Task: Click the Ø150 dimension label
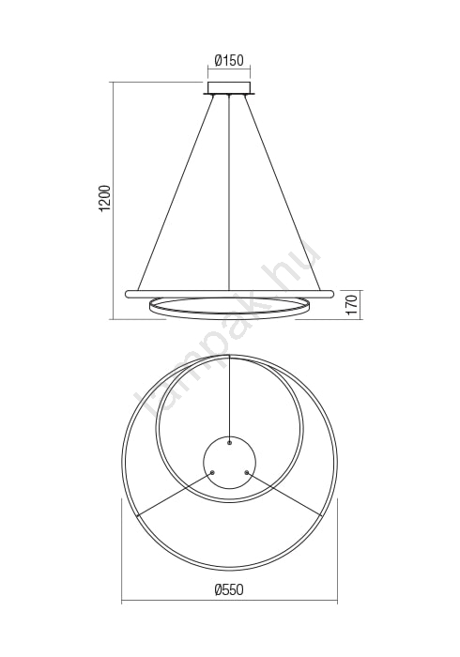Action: click(229, 60)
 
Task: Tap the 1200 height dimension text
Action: click(106, 197)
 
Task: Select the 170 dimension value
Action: click(352, 305)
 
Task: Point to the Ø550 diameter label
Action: click(229, 589)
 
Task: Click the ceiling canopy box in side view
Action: click(229, 88)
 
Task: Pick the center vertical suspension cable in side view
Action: click(229, 193)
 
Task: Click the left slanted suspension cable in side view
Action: click(176, 192)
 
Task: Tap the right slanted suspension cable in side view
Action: click(283, 192)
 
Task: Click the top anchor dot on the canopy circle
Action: click(229, 442)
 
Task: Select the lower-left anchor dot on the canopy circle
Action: click(212, 472)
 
